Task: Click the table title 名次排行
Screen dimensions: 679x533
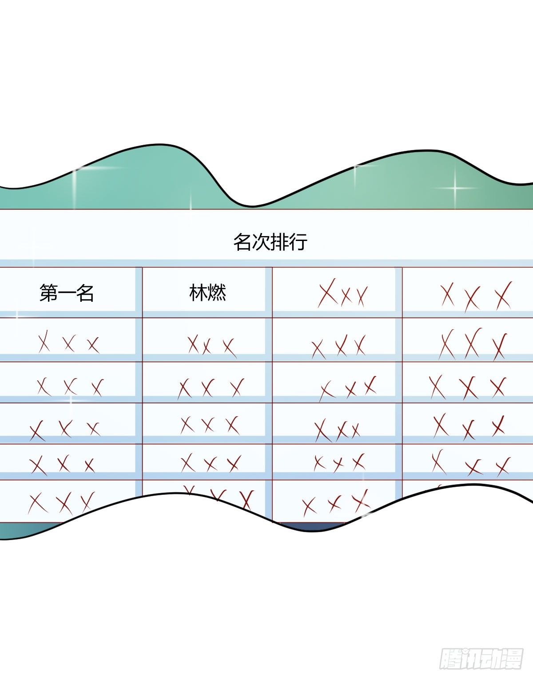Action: (270, 242)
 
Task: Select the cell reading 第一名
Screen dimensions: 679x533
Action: (67, 293)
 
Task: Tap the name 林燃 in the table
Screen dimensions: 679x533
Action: (207, 293)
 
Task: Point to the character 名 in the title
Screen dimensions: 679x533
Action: (243, 242)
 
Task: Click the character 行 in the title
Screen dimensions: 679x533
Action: (298, 242)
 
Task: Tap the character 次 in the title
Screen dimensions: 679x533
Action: (261, 242)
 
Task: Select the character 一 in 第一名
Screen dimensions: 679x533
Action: (67, 293)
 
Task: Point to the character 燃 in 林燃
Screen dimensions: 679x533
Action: (217, 293)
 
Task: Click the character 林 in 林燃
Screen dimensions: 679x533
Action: (198, 293)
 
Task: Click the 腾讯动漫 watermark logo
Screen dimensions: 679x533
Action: (481, 658)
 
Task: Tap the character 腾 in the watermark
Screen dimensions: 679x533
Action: (451, 658)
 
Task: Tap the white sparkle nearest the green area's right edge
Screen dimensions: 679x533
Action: (456, 188)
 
